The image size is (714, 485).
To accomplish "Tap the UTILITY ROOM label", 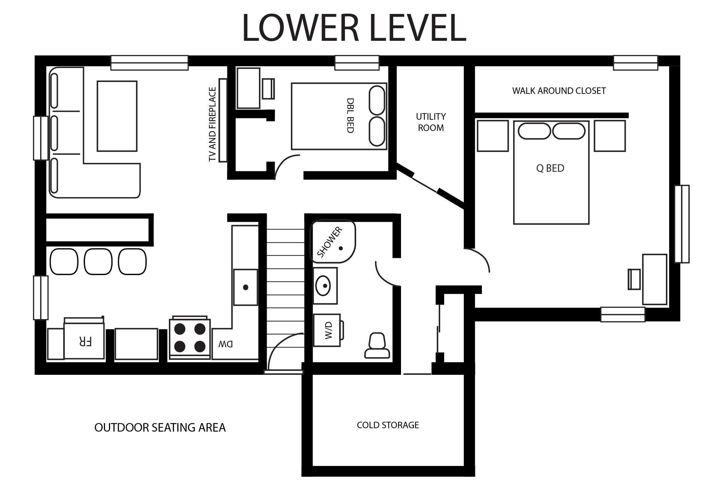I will click(431, 122).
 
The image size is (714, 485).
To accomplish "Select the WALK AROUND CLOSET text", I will click(559, 91).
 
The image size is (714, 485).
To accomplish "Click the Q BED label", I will click(550, 168).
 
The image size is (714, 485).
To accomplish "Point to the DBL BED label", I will click(350, 116).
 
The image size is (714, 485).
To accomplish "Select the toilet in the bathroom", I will click(377, 345).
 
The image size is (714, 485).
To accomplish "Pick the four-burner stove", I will click(190, 338).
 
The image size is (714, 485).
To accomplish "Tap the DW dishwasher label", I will click(226, 344).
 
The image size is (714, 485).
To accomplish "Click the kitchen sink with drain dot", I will click(245, 287).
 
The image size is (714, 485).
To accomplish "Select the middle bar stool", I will click(98, 262).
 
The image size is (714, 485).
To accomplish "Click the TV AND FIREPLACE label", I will click(212, 124).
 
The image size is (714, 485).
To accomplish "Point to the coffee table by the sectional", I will click(117, 116).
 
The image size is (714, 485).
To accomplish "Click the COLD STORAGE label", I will click(388, 425).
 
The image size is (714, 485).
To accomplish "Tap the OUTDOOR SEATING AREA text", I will click(160, 428).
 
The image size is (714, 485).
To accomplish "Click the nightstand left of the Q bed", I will click(492, 136).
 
